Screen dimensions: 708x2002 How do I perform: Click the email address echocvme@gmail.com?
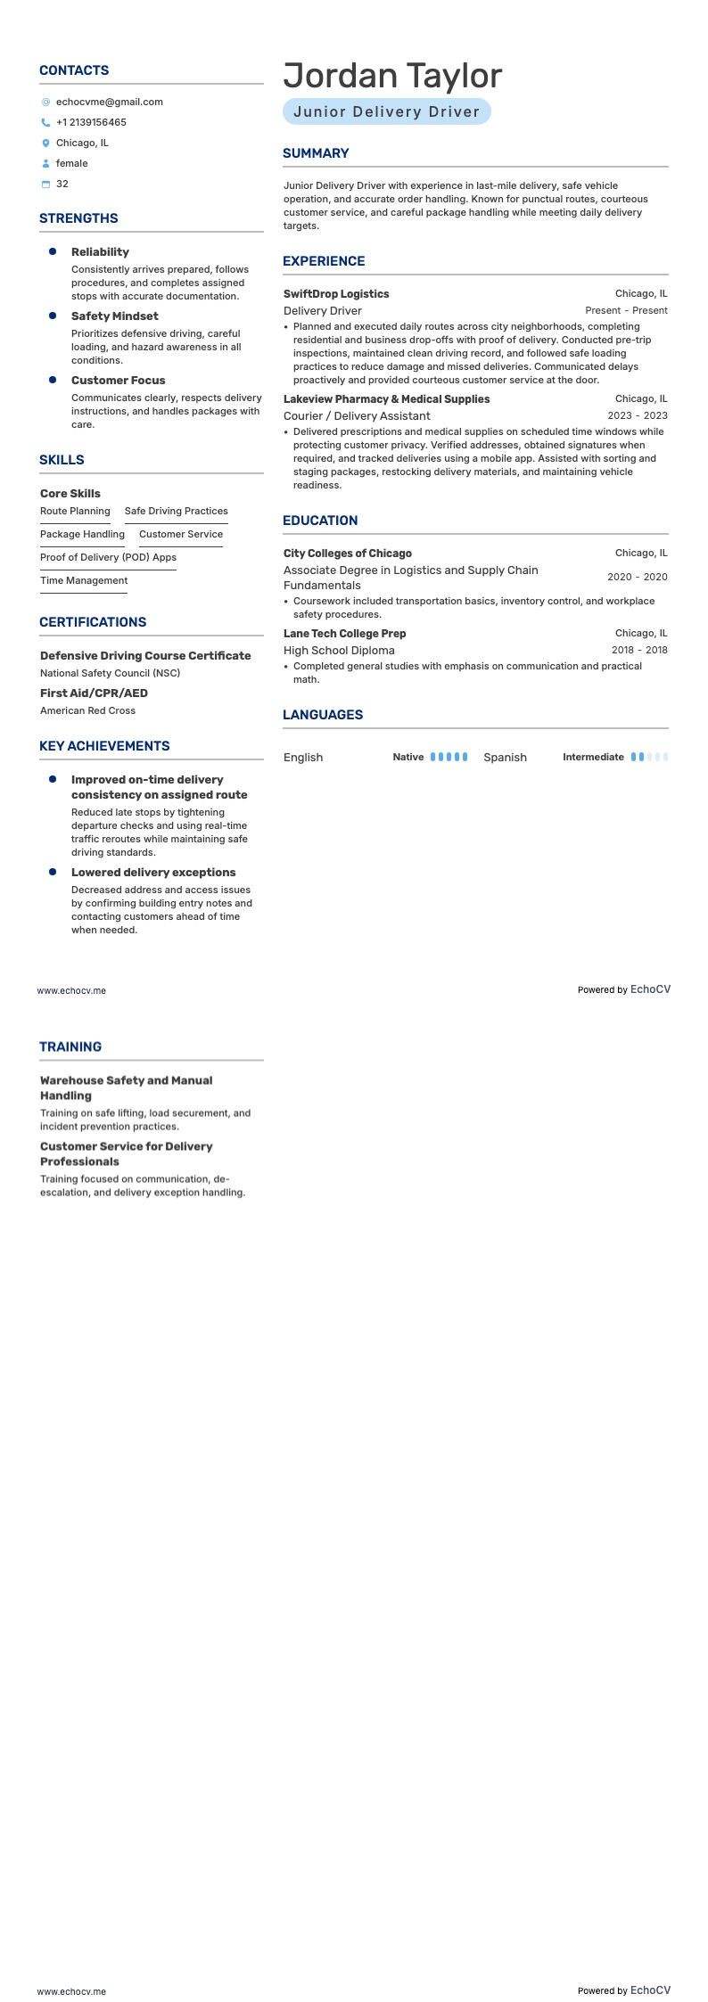[109, 102]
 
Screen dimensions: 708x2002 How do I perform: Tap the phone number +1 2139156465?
[91, 122]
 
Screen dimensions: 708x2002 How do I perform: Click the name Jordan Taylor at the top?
[392, 76]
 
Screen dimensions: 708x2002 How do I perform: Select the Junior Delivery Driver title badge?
[386, 111]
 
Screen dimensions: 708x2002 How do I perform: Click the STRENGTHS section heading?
[78, 218]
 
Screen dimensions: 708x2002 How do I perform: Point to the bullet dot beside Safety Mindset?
[53, 316]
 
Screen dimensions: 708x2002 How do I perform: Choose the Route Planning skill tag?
[75, 511]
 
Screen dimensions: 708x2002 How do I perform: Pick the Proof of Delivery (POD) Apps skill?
[108, 557]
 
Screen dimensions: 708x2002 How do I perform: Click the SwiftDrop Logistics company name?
[336, 293]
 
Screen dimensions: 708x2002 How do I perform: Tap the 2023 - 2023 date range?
[637, 415]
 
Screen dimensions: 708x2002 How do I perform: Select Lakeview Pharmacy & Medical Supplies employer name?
[386, 398]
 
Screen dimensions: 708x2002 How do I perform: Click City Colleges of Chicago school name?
[348, 553]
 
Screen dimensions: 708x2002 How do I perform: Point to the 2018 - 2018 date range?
[638, 650]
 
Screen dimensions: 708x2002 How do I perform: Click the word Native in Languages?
[408, 757]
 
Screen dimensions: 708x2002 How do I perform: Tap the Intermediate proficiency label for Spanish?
[593, 757]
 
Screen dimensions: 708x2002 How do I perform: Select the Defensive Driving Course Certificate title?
[145, 655]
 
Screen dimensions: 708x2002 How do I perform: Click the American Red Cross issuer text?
[87, 710]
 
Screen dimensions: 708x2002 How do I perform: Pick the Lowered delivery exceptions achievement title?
[153, 872]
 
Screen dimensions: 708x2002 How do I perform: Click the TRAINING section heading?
[70, 1046]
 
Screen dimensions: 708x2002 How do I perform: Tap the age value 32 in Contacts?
[62, 184]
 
